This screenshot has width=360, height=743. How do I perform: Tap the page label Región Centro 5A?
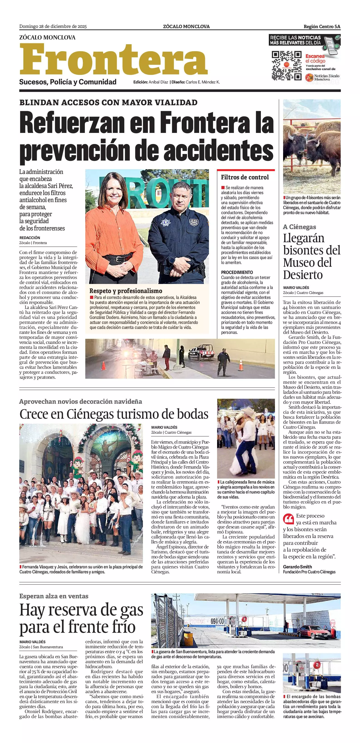322,27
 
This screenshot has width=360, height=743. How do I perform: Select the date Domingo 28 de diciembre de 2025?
53,27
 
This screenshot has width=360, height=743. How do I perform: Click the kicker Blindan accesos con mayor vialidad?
108,102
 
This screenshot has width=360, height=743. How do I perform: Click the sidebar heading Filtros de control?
245,177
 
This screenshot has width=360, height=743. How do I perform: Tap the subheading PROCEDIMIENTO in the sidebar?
237,272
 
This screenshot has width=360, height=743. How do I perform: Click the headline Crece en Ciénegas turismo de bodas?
114,414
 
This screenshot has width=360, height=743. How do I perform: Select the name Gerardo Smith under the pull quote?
297,567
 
